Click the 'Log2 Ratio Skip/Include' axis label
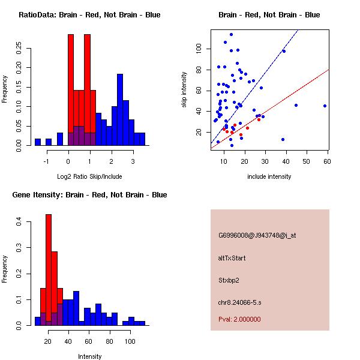[89, 176]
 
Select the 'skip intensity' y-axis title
[184, 90]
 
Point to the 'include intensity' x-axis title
[269, 176]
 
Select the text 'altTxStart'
[232, 258]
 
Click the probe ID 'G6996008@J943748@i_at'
[257, 235]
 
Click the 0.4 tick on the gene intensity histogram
[20, 222]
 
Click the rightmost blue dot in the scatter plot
[325, 106]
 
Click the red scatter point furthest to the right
[259, 119]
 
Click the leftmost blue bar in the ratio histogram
[38, 142]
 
